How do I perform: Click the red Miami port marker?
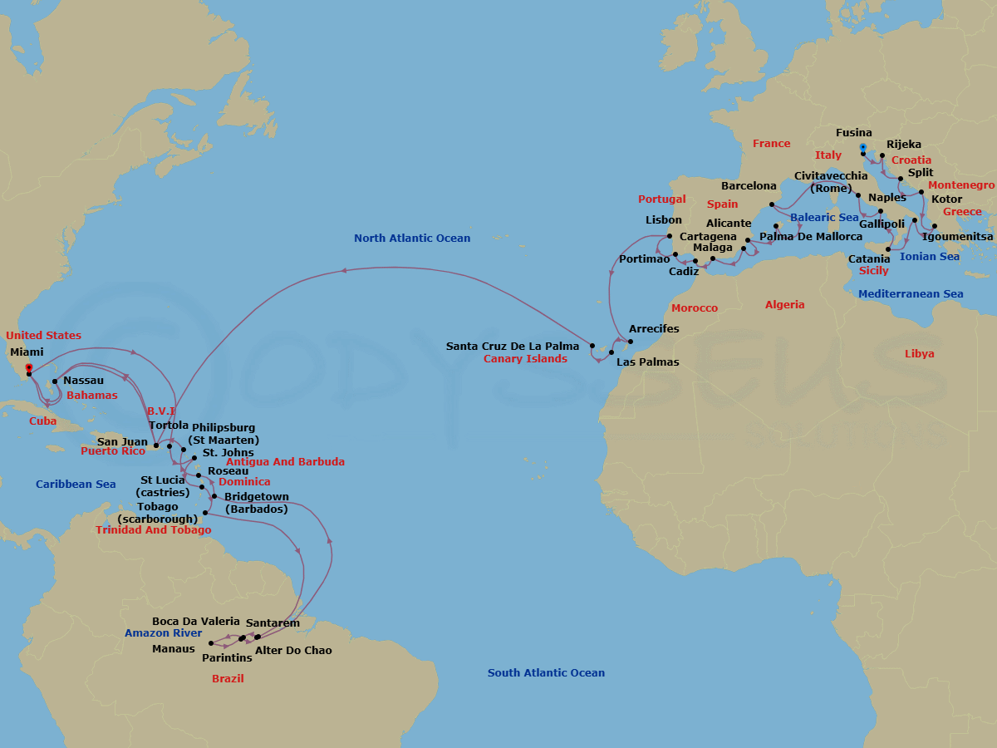[28, 367]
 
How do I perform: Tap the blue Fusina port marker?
[862, 147]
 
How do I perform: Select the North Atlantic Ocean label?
[412, 239]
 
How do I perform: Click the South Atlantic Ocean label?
[546, 673]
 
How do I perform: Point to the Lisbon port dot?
[670, 235]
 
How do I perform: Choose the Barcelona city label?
[749, 186]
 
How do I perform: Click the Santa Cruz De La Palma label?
[513, 347]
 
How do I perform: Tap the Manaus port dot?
[211, 643]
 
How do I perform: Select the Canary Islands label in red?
[525, 359]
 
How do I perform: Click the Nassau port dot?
[54, 382]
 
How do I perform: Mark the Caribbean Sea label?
[76, 485]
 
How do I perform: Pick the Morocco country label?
[694, 308]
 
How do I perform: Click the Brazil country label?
[228, 679]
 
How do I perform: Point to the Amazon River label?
[164, 633]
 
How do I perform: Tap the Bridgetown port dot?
[214, 496]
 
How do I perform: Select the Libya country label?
[919, 354]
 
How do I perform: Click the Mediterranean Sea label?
[911, 294]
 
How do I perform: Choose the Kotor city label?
[947, 199]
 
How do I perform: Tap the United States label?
[43, 336]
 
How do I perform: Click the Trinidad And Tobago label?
[153, 530]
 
